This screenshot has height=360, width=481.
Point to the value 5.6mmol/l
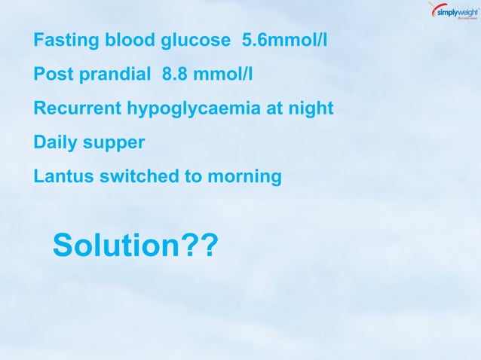[285, 41]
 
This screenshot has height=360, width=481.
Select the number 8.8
[176, 75]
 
